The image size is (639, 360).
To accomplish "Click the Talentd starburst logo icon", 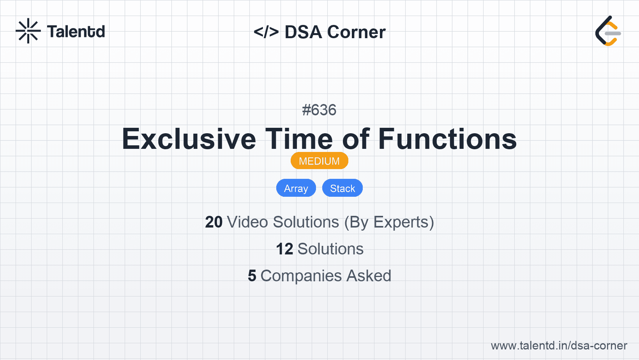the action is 28,31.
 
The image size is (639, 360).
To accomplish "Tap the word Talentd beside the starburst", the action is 76,32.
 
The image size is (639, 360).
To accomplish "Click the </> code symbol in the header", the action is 266,32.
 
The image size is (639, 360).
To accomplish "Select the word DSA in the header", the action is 303,32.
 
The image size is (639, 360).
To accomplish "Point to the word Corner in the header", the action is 356,32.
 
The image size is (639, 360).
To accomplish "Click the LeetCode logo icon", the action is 608,31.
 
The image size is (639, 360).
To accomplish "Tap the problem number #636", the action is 319,110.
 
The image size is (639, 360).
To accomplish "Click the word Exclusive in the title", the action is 189,139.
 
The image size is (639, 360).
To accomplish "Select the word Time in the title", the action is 299,139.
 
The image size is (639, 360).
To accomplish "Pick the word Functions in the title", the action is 447,139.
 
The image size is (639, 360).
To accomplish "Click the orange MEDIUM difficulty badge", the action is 319,161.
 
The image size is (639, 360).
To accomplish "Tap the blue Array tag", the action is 296,188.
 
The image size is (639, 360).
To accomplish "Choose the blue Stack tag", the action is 342,188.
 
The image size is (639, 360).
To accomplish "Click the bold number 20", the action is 214,222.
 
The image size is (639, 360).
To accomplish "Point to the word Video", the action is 247,222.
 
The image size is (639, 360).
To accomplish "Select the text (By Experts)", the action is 389,222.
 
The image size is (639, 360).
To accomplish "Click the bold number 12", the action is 284,249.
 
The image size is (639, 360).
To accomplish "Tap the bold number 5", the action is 252,276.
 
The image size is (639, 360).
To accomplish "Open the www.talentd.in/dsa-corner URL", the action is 559,346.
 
